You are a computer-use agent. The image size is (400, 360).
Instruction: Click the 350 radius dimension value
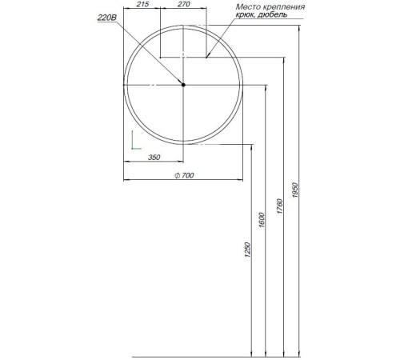[x=154, y=158]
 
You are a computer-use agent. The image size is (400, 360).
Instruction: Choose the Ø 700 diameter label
[x=185, y=176]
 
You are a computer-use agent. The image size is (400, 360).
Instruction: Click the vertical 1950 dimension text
[x=295, y=192]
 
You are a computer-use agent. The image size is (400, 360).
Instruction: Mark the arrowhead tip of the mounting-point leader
[x=206, y=57]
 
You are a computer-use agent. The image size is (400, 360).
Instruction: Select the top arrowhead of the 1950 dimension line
[x=300, y=30]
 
